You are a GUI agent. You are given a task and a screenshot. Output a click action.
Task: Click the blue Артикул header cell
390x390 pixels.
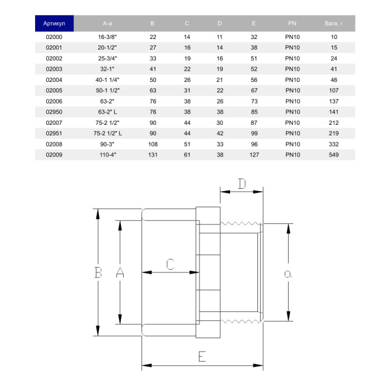(54, 23)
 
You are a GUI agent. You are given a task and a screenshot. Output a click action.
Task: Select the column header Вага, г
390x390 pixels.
(334, 23)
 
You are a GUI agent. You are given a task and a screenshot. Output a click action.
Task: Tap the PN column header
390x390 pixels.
(292, 23)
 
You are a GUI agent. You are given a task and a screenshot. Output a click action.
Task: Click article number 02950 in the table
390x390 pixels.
(54, 112)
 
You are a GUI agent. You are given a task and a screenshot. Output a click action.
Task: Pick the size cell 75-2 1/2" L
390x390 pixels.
(108, 133)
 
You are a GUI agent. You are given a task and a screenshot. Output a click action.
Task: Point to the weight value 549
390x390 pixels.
(334, 155)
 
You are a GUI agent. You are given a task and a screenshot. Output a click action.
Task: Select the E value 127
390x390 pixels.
(254, 155)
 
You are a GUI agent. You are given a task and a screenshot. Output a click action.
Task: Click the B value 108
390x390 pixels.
(153, 144)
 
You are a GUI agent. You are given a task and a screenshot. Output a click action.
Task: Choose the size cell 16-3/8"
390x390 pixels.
(107, 37)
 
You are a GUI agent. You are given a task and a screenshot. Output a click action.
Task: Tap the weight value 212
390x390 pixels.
(334, 123)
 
